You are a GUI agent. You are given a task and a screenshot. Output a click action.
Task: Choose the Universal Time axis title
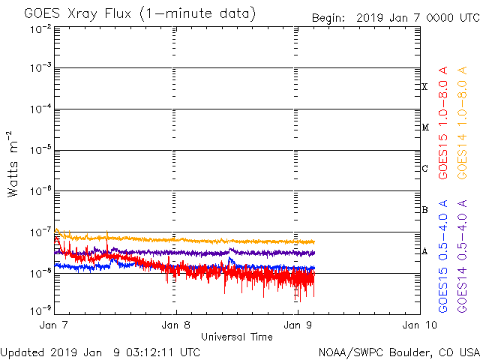[x=237, y=337]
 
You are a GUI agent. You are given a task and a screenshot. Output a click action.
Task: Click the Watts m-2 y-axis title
[x=13, y=164]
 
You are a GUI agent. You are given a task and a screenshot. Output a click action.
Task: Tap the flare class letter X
[x=424, y=87]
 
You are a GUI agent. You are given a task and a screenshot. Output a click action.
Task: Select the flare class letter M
[x=424, y=127]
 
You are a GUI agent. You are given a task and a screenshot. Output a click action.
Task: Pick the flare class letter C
[x=424, y=169]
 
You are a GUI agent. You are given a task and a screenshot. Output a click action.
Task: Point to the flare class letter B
[x=424, y=210]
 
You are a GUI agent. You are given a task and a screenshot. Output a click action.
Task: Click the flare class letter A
[x=424, y=251]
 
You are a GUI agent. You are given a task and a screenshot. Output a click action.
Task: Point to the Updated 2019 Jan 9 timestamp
[x=100, y=352]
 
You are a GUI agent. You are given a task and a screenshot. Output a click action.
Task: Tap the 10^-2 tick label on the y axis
[x=41, y=28]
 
